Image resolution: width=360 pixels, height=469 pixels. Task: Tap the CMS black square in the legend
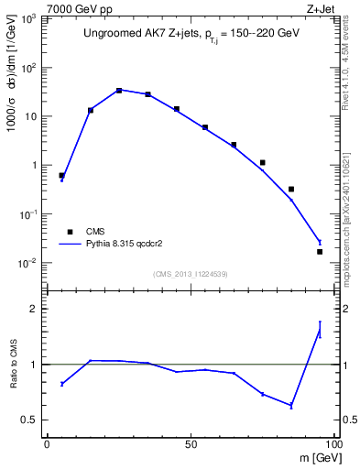coord(70,232)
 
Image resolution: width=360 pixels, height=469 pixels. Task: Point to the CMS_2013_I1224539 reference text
coord(190,273)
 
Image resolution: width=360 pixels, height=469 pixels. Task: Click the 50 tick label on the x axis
coord(191,442)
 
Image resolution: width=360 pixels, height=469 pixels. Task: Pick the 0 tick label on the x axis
coord(48,442)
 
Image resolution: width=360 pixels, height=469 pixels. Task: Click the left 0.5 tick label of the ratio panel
coord(29,420)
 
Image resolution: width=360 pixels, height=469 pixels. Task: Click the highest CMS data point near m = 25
coord(119,91)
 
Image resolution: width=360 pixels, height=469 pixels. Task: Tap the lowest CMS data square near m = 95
coord(320,251)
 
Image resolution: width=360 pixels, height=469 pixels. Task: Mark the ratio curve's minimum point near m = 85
coord(291,406)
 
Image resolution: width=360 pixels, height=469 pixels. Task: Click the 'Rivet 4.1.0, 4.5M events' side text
coord(351,64)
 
